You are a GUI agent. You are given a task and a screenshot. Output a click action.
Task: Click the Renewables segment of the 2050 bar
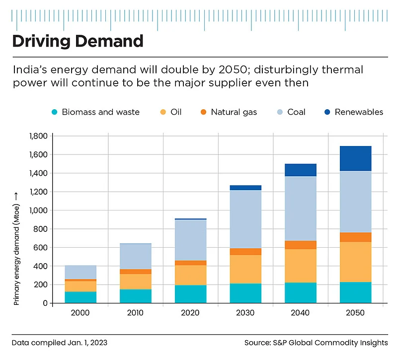pyautogui.click(x=356, y=158)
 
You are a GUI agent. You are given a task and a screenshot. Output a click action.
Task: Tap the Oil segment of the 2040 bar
pyautogui.click(x=301, y=266)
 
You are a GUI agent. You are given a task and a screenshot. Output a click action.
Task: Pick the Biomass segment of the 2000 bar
pyautogui.click(x=80, y=297)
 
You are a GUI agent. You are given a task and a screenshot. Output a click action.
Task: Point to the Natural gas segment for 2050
pyautogui.click(x=356, y=237)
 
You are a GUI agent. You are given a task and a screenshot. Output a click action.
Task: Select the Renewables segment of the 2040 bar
pyautogui.click(x=301, y=170)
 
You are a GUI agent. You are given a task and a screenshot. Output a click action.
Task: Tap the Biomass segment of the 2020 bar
pyautogui.click(x=190, y=294)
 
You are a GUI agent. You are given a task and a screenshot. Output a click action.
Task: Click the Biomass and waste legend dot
pyautogui.click(x=56, y=112)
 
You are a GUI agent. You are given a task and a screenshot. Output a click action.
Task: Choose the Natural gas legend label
pyautogui.click(x=234, y=112)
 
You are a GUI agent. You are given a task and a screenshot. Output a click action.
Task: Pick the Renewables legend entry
pyautogui.click(x=359, y=112)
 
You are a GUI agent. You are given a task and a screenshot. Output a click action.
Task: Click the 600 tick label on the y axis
pyautogui.click(x=41, y=248)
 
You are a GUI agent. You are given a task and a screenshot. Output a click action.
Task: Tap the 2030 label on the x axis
pyautogui.click(x=245, y=313)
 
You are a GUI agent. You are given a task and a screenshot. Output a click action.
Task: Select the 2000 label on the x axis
pyautogui.click(x=80, y=313)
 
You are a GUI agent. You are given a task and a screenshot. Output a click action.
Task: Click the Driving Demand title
pyautogui.click(x=78, y=41)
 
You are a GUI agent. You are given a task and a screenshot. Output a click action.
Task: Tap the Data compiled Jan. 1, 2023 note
pyautogui.click(x=60, y=343)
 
